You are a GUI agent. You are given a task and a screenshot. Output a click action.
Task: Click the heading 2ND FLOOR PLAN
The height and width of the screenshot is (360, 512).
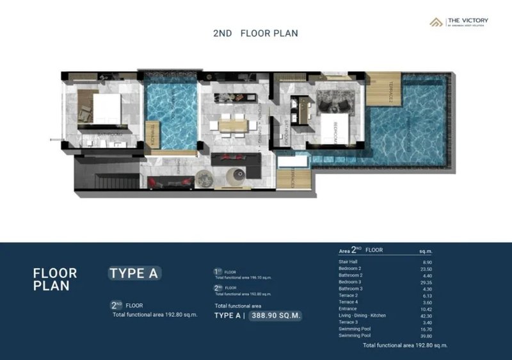pyautogui.click(x=255, y=33)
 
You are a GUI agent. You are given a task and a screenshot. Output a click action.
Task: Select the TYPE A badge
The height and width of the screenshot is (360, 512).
pyautogui.click(x=134, y=273)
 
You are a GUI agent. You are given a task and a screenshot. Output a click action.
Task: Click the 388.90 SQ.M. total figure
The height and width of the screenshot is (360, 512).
pyautogui.click(x=275, y=315)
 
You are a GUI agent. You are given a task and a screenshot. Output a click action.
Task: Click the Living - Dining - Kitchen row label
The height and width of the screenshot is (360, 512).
pyautogui.click(x=362, y=315)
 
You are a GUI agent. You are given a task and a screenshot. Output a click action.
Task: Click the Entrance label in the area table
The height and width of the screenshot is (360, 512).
pyautogui.click(x=348, y=309)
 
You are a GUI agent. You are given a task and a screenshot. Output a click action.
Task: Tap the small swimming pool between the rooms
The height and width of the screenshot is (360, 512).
pyautogui.click(x=170, y=115)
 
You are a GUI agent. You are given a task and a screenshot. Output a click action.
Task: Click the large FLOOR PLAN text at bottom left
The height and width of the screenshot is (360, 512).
pyautogui.click(x=55, y=279)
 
